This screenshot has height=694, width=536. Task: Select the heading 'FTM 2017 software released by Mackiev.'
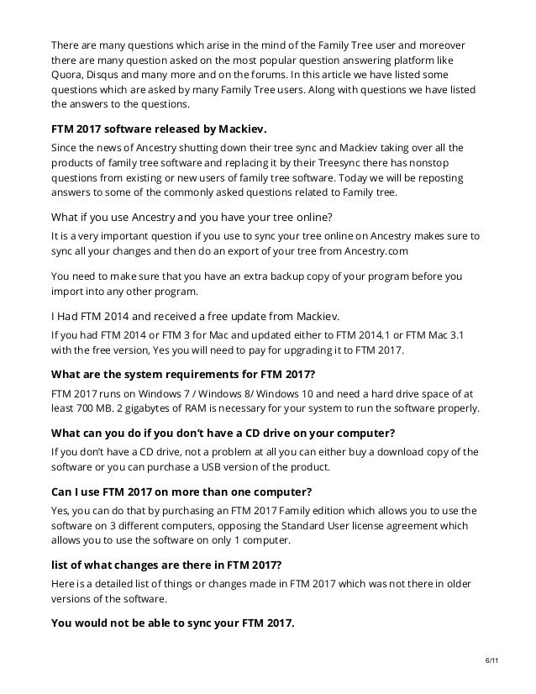[x=158, y=129]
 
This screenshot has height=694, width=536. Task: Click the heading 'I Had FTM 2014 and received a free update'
[x=195, y=316]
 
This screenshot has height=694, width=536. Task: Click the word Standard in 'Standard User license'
[x=318, y=526]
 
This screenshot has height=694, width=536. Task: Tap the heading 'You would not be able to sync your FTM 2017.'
[x=172, y=623]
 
